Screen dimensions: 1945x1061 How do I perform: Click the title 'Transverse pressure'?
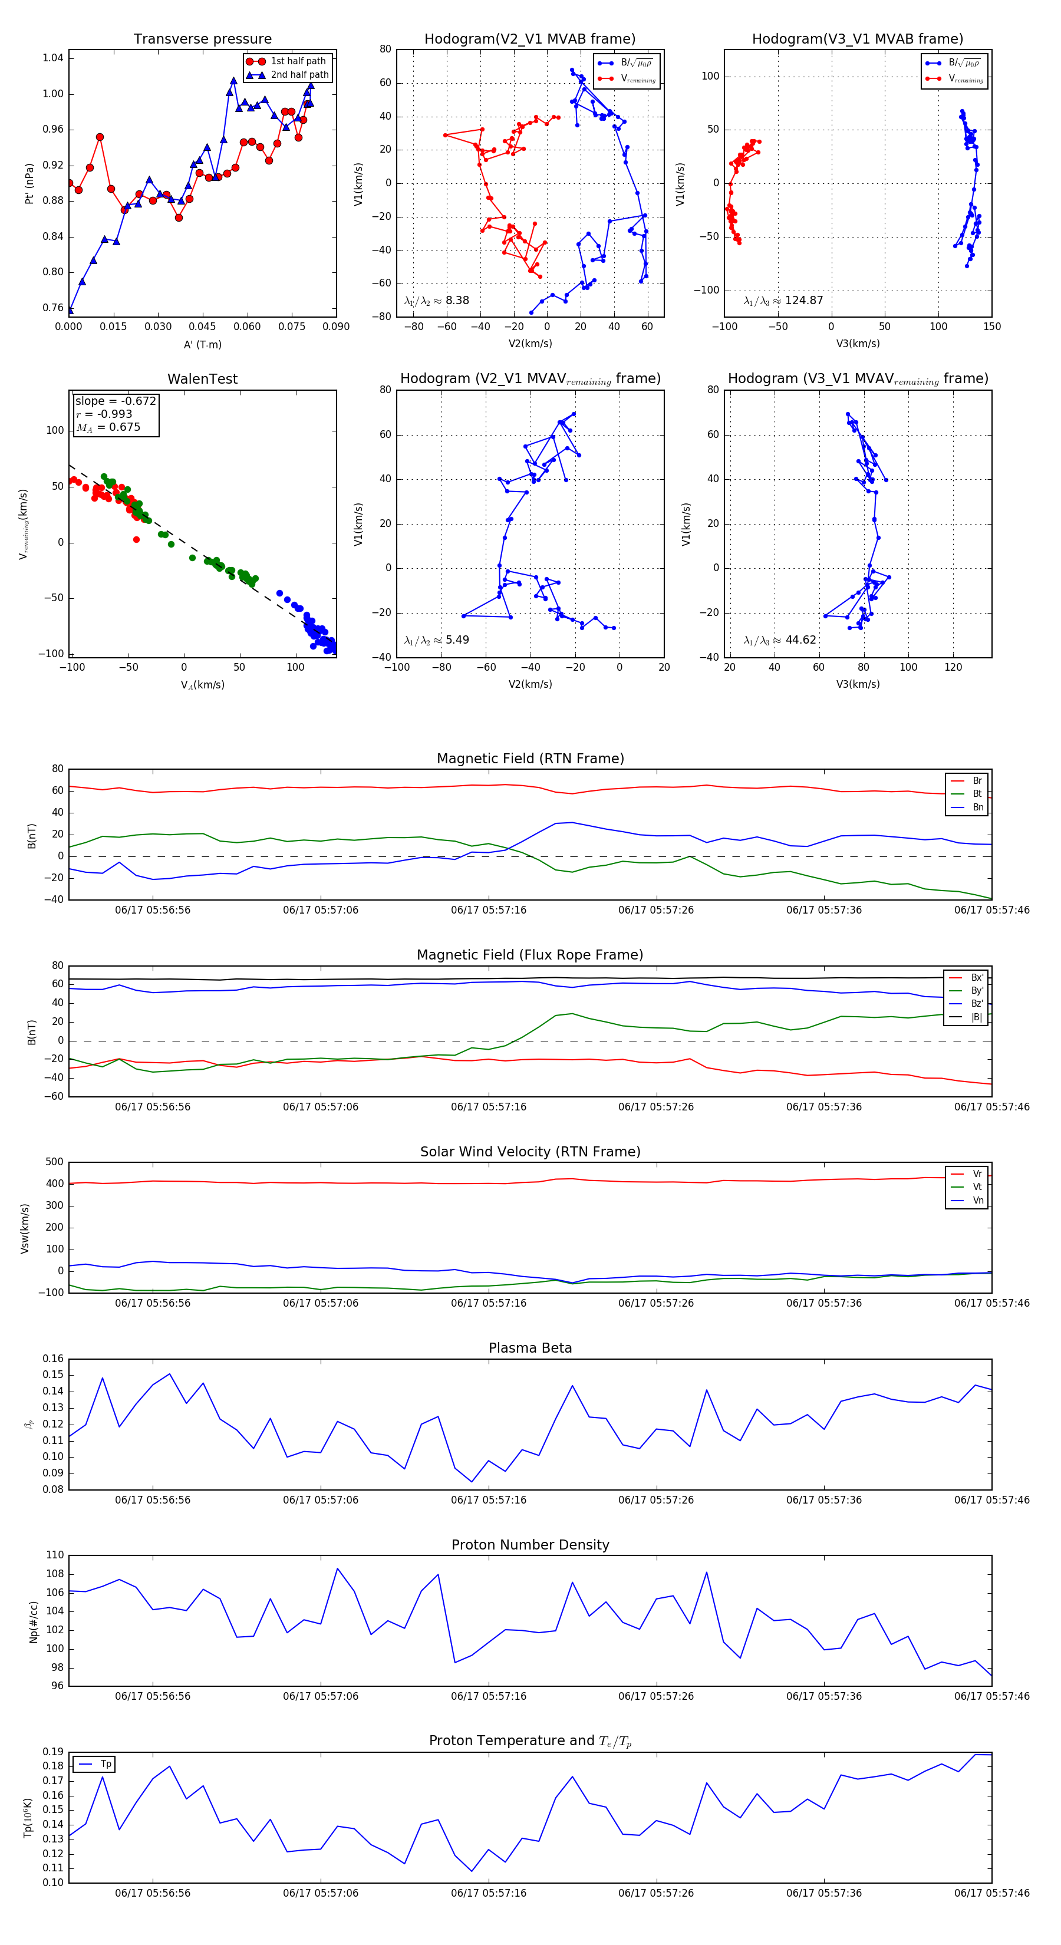(x=202, y=39)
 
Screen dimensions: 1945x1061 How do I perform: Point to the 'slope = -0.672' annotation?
(x=116, y=401)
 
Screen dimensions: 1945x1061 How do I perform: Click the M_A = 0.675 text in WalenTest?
(x=108, y=427)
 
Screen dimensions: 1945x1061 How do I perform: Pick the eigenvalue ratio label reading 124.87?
(x=783, y=301)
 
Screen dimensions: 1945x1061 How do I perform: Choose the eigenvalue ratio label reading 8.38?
(x=436, y=301)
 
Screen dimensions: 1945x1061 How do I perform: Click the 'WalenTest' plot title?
(x=202, y=379)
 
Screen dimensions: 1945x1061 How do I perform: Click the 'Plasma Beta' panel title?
(x=530, y=1348)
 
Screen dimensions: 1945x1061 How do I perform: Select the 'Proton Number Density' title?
(x=530, y=1545)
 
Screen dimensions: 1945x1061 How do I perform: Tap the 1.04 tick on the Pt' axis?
(x=53, y=58)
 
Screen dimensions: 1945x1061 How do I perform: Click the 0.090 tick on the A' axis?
(x=336, y=327)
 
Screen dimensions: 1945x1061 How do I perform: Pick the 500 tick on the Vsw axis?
(x=54, y=1162)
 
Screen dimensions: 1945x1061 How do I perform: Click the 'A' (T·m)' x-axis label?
(x=202, y=344)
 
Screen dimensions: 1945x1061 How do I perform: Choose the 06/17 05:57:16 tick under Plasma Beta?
(x=489, y=1499)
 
